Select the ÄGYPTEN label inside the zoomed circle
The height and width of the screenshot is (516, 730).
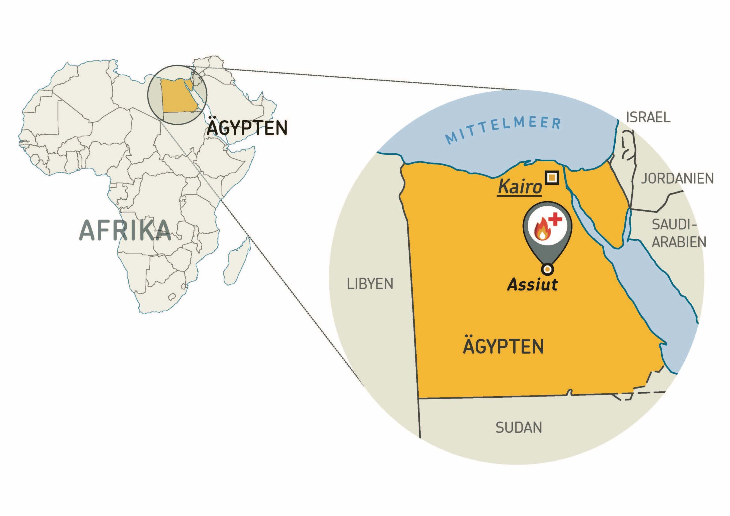coord(503,347)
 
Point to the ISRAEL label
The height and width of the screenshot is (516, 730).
coord(648,117)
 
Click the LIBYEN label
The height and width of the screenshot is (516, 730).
coord(370,284)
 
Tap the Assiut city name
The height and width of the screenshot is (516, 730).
coord(532,285)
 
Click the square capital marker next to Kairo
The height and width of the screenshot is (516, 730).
coord(552,177)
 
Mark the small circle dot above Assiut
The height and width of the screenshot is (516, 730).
coord(547,269)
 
